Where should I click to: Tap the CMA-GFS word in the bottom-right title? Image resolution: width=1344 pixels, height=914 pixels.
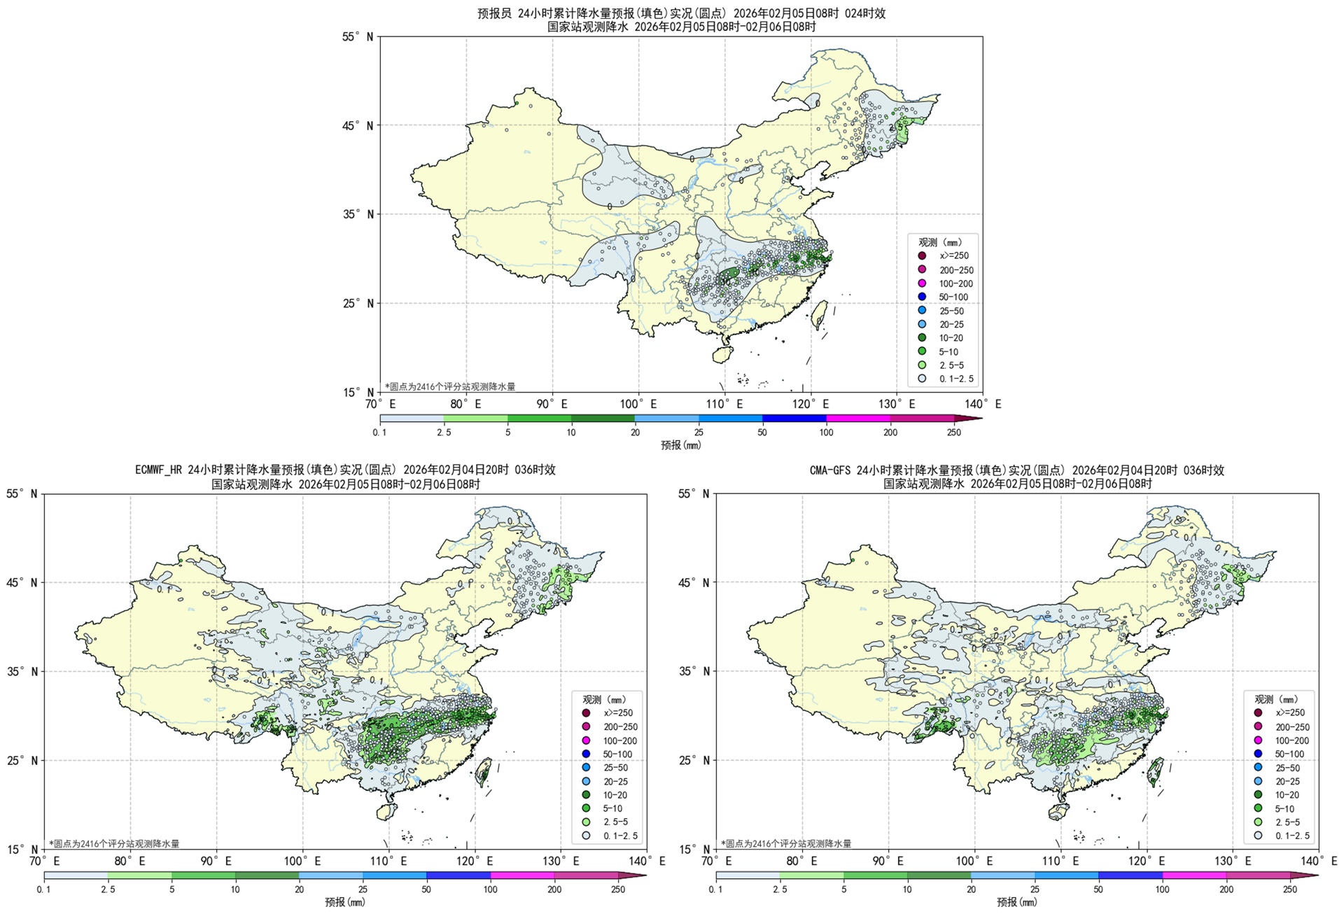coord(830,470)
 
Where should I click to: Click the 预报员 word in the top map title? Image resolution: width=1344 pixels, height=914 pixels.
coord(494,13)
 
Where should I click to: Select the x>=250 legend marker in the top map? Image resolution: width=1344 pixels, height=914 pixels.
coord(922,256)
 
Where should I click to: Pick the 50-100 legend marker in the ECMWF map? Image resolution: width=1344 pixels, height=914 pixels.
coord(586,754)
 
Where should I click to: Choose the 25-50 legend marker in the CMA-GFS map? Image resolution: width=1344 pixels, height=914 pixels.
coord(1258,768)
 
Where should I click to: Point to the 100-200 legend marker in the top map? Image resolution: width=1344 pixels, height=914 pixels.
coord(922,283)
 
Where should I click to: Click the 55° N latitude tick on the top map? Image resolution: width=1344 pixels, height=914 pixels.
coord(358,36)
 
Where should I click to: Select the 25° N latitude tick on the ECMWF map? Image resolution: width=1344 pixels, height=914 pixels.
coord(22,760)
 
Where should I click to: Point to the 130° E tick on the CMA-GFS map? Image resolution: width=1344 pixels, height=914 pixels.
coord(1233,861)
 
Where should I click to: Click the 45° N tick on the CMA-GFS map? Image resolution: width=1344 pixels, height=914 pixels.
coord(694,582)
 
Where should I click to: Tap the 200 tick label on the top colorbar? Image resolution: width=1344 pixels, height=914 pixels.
coord(890,433)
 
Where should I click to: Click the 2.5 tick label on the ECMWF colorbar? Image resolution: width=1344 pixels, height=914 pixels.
coord(108,890)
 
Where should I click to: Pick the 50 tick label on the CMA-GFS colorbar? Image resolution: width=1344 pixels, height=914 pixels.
coord(1098,890)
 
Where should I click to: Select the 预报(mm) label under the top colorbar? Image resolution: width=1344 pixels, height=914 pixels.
coord(680,445)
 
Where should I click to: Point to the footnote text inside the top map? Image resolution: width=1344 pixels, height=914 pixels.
coord(449,386)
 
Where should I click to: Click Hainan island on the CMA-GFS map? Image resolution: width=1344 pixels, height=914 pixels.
coord(1058,812)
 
